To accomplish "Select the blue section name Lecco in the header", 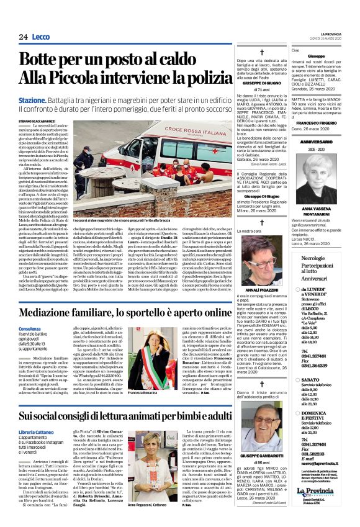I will point(42,37).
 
